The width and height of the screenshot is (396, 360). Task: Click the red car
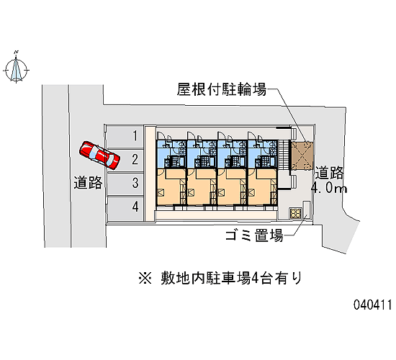coord(99,155)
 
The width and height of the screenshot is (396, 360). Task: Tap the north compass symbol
coord(16,68)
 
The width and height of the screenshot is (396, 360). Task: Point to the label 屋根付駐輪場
coord(222,89)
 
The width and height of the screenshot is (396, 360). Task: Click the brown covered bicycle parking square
coord(302,156)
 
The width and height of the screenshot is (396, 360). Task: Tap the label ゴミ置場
coord(254,235)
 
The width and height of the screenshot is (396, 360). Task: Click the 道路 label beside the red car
coord(88,182)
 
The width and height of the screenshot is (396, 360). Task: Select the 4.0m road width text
coord(329,188)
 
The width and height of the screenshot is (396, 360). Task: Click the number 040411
coord(372,305)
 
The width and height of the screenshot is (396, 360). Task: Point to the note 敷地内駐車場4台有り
coord(231,279)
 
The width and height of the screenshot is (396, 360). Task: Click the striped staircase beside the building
coord(284,155)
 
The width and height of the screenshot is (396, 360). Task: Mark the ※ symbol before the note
coord(145,279)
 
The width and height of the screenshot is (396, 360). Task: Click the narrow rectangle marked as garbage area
coord(306,211)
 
